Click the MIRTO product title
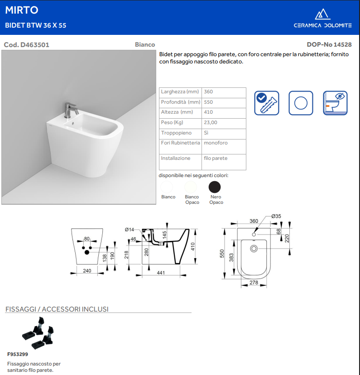22,10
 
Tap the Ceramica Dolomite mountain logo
322,14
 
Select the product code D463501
27,45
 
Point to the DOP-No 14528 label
329,45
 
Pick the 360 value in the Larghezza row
209,92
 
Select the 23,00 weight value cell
211,123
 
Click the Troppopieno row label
177,133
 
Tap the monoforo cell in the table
216,143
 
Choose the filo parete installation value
216,159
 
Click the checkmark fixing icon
267,103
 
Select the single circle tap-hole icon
301,103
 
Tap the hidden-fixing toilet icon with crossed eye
335,103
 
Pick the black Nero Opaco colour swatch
215,187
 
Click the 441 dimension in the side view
161,273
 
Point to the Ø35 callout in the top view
276,216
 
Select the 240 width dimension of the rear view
87,271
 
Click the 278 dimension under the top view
254,283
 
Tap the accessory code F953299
18,354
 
